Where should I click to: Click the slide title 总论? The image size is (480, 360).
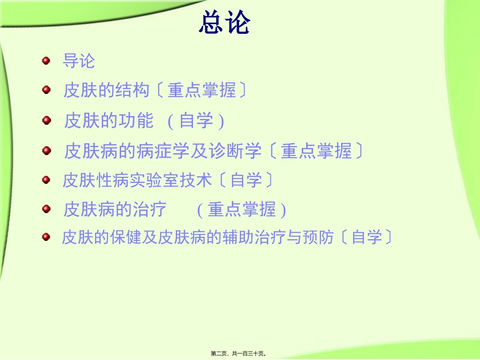[224, 22]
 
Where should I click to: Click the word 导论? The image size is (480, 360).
[78, 61]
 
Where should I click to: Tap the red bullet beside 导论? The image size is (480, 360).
[46, 61]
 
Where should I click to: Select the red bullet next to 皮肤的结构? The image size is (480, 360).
[46, 90]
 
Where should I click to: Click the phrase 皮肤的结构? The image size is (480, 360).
[107, 91]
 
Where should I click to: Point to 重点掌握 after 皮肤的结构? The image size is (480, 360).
[202, 91]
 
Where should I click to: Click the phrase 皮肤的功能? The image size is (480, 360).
[109, 121]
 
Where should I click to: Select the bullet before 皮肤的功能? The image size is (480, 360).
[46, 120]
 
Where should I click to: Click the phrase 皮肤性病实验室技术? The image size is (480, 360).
[137, 180]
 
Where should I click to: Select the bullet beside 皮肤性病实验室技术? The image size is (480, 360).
[46, 179]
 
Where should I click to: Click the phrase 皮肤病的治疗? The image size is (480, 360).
[115, 210]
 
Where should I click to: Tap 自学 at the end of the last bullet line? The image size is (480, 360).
[367, 237]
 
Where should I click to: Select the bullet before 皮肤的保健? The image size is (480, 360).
[46, 236]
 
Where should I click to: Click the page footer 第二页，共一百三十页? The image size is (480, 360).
[239, 354]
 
